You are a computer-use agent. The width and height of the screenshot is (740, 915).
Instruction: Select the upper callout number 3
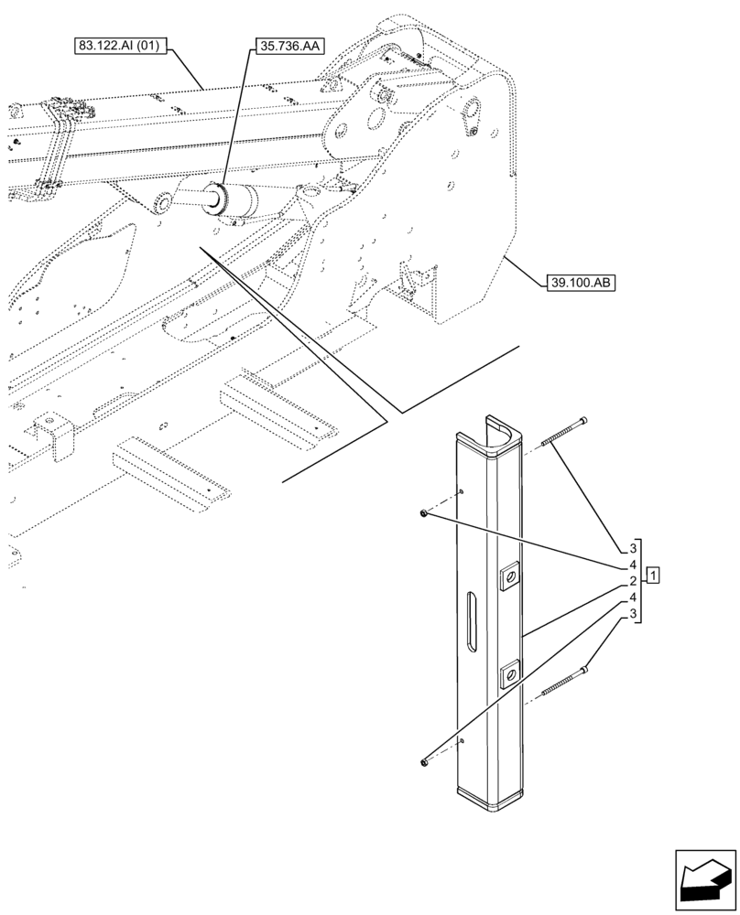point(632,547)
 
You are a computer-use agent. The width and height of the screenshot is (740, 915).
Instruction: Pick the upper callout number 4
point(632,565)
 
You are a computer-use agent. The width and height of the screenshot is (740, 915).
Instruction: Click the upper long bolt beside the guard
point(565,432)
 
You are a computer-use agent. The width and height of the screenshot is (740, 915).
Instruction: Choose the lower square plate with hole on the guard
point(509,676)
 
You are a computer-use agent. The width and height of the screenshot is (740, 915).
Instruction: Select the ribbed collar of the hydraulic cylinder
point(220,200)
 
